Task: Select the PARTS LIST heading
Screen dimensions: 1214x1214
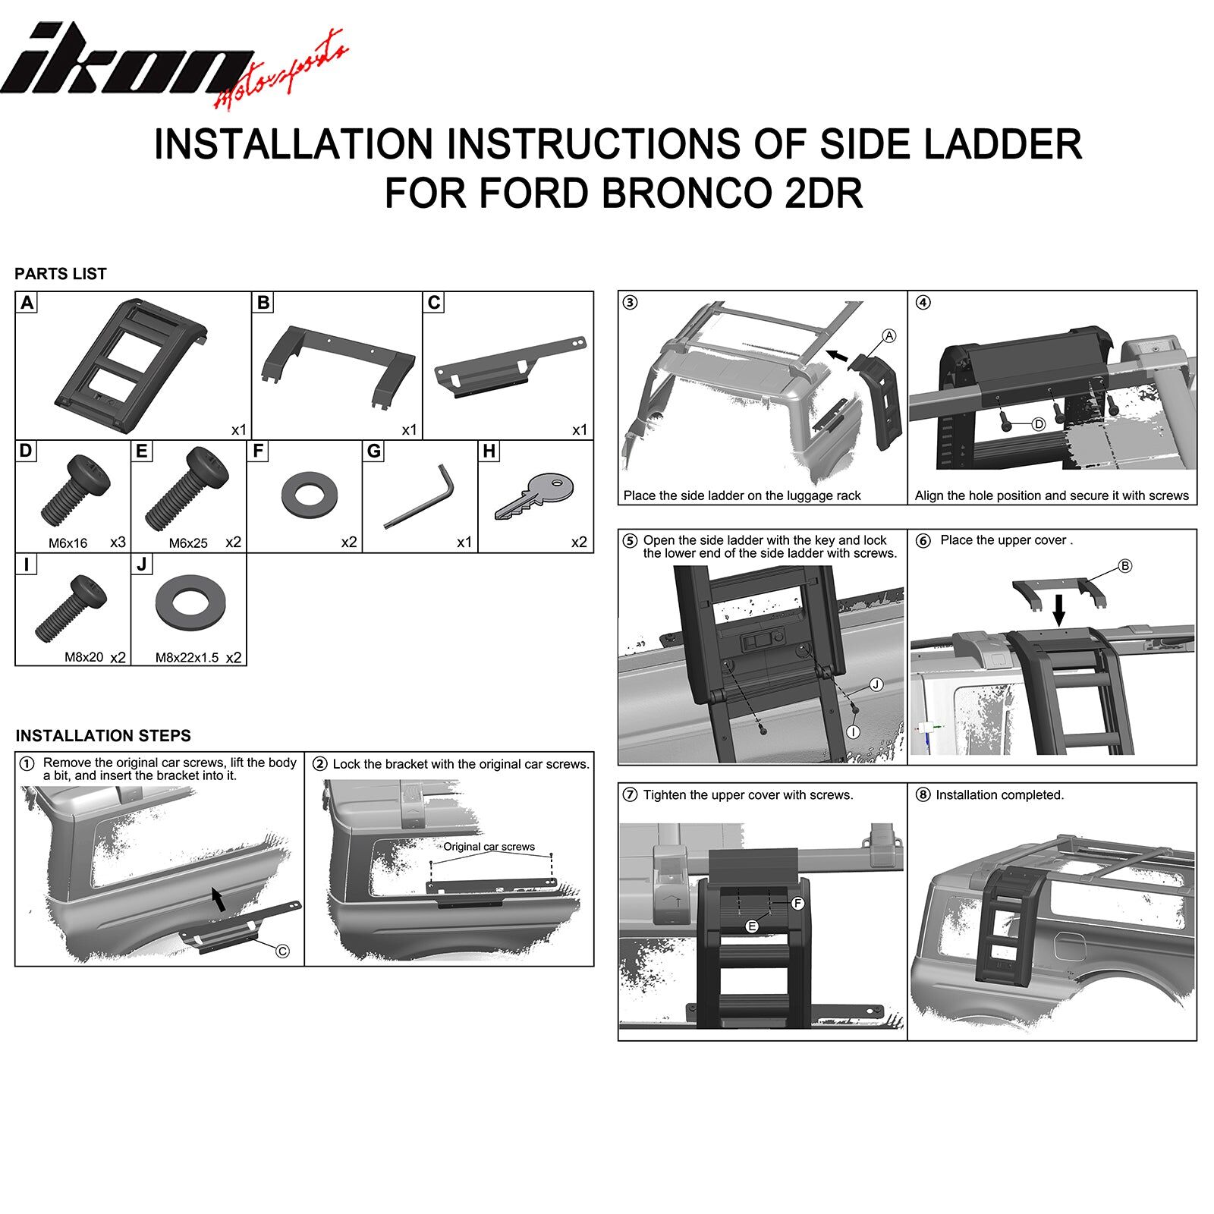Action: pyautogui.click(x=61, y=274)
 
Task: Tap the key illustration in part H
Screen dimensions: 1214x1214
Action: pyautogui.click(x=534, y=496)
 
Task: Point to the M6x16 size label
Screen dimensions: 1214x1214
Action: pyautogui.click(x=68, y=543)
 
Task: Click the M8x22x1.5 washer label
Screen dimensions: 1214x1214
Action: pyautogui.click(x=187, y=658)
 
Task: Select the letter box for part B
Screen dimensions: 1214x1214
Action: pyautogui.click(x=263, y=303)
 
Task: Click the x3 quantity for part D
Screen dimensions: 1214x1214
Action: pyautogui.click(x=118, y=543)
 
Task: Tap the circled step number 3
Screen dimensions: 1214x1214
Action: pyautogui.click(x=630, y=303)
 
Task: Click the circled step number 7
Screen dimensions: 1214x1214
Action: pyautogui.click(x=630, y=795)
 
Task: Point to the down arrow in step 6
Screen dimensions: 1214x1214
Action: pyautogui.click(x=1059, y=609)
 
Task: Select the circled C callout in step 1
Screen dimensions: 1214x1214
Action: pyautogui.click(x=282, y=951)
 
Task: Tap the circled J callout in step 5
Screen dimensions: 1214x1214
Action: pyautogui.click(x=876, y=685)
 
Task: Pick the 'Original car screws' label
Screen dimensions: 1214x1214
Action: pyautogui.click(x=489, y=847)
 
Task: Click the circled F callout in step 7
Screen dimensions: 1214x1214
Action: pyautogui.click(x=797, y=904)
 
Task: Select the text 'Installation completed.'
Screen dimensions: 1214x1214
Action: pyautogui.click(x=1000, y=795)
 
